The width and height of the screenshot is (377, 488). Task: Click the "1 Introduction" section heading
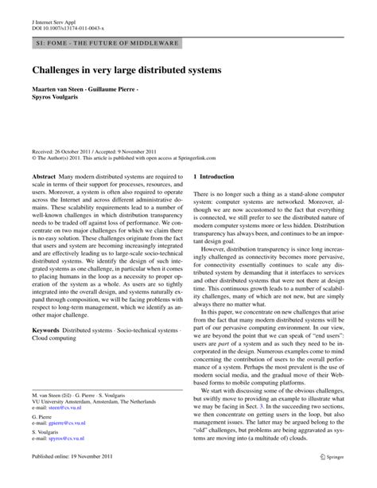coord(216,176)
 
